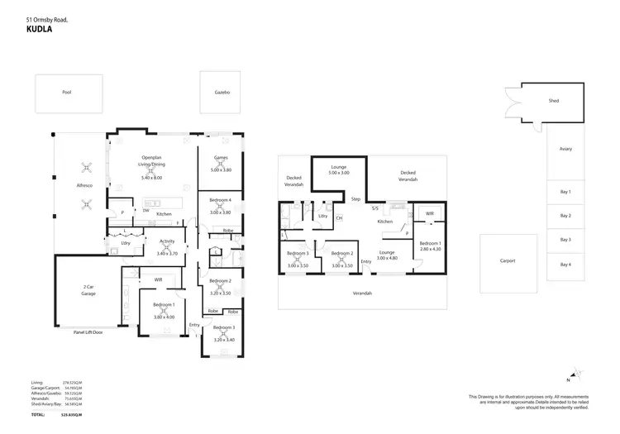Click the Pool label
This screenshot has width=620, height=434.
pos(67,92)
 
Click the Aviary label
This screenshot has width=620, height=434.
pos(565,149)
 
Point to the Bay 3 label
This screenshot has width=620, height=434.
pos(565,240)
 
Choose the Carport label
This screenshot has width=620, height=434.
pos(508,260)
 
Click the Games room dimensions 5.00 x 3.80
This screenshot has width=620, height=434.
pos(221,169)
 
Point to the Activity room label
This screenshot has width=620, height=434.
pos(167,241)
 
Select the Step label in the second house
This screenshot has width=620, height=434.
pos(355,199)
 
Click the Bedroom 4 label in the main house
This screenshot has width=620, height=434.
pos(221,201)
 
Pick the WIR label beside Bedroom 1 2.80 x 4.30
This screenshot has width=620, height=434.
pos(429,213)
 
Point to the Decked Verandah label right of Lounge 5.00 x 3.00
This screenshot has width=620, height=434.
pos(408,176)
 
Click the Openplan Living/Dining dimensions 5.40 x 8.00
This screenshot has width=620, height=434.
pos(152,178)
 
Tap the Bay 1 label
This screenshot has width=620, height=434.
pos(565,192)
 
